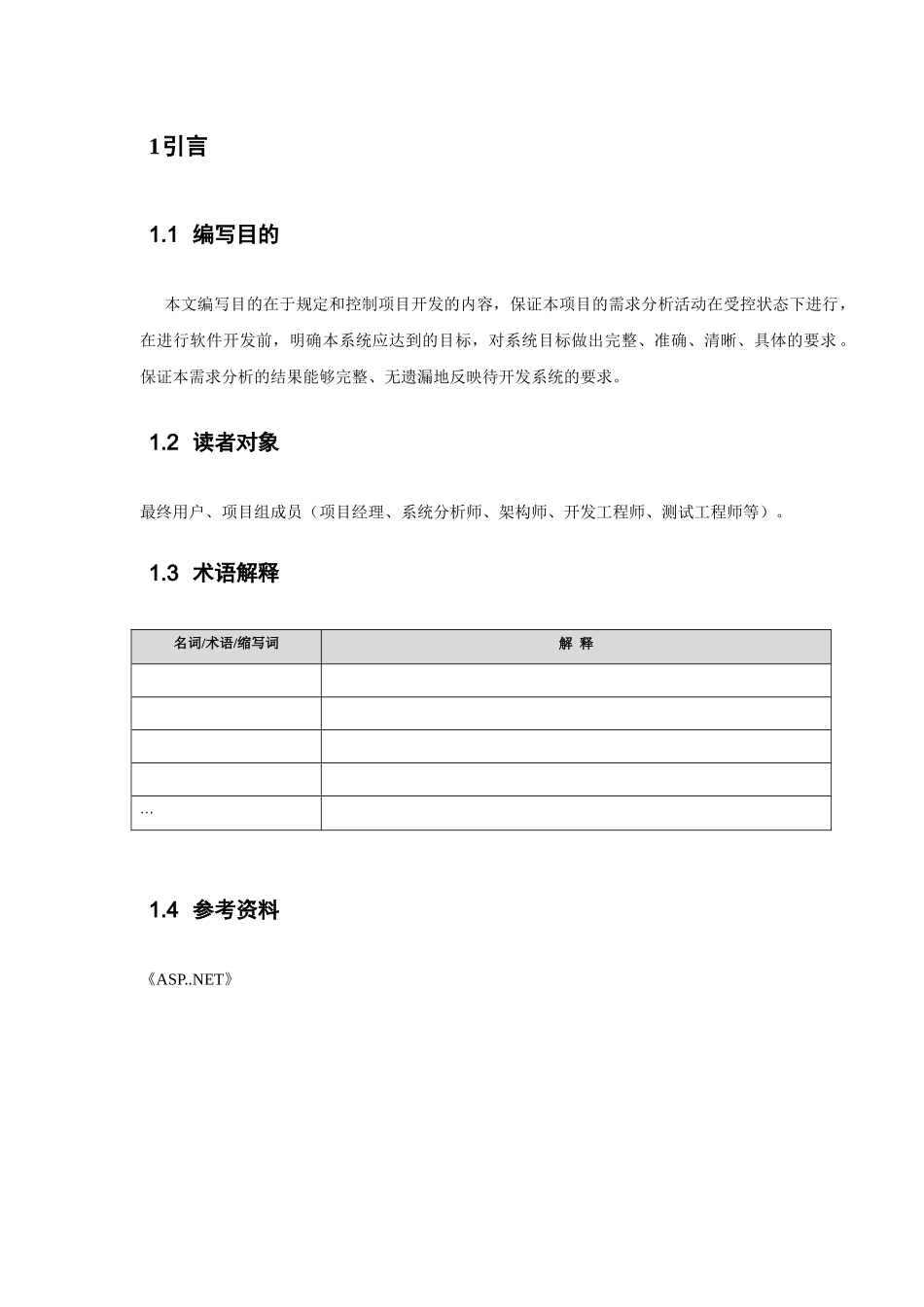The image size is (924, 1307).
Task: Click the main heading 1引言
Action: coord(178,147)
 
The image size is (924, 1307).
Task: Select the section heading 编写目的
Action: coord(235,235)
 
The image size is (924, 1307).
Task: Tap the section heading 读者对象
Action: coord(235,442)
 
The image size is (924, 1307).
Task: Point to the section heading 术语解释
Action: coord(235,574)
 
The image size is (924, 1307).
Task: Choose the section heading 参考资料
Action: coord(235,910)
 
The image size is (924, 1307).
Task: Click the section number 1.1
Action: coord(163,235)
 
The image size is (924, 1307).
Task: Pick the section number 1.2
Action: coord(163,442)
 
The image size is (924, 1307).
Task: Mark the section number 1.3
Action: coord(163,574)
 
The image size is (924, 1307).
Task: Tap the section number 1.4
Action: coord(163,910)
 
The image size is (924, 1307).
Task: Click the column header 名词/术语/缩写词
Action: coord(226,644)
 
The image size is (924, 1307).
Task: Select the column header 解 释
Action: coord(576,644)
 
